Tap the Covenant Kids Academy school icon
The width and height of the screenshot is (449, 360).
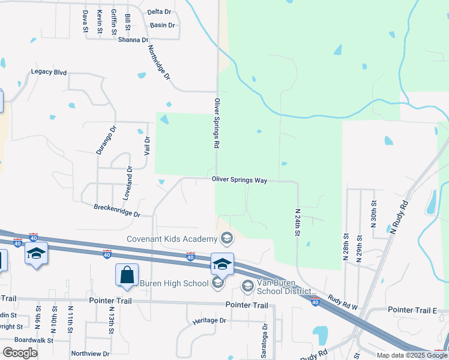226,239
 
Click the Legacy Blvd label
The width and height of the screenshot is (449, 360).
49,72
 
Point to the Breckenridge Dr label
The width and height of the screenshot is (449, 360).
116,211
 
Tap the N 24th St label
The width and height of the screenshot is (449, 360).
298,222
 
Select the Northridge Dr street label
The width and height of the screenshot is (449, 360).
159,63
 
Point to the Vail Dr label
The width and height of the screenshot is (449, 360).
146,146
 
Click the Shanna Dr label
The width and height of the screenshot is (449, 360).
133,40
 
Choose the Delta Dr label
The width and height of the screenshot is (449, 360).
159,11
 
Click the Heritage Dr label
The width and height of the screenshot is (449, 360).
209,320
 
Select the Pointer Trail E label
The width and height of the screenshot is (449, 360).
412,310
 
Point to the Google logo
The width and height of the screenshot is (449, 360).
20,352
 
